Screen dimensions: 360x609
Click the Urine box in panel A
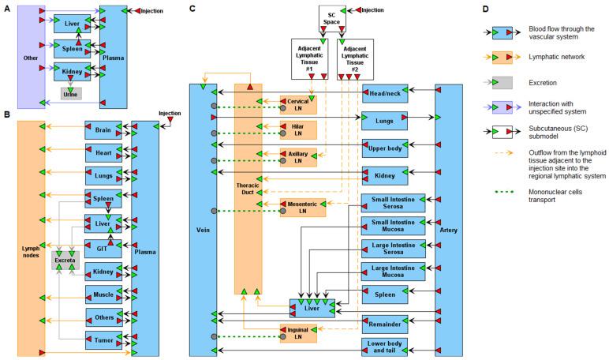[x=71, y=94]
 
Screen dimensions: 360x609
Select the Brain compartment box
[x=103, y=130]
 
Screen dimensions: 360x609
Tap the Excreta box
[x=65, y=258]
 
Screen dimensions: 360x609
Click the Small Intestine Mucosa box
[x=393, y=227]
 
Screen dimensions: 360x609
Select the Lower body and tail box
[x=385, y=347]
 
